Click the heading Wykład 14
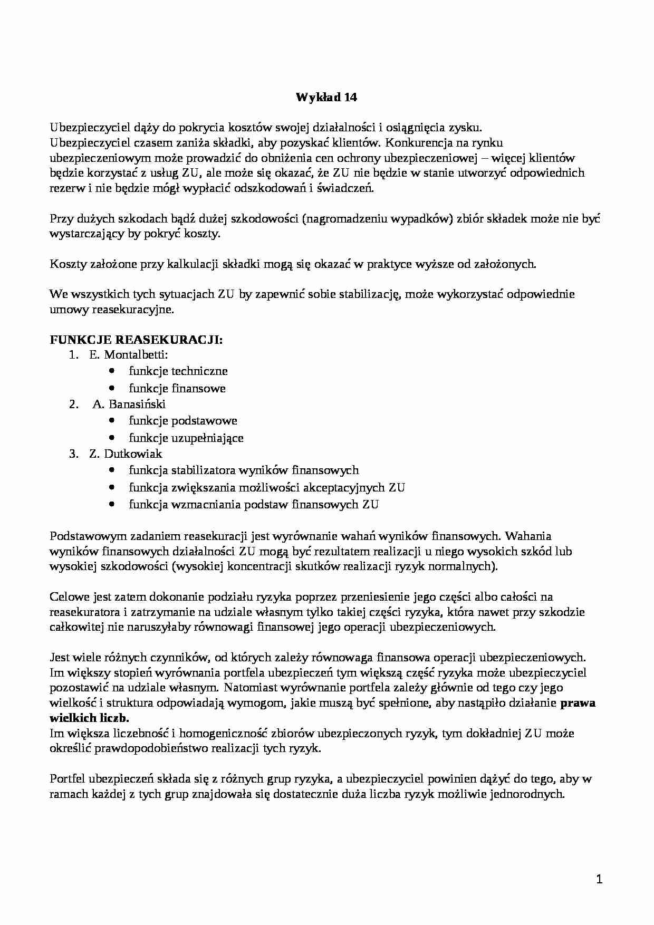click(326, 97)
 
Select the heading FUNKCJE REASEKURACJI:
click(136, 340)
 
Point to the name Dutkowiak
click(133, 454)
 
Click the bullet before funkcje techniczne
click(111, 371)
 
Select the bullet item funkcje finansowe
click(177, 389)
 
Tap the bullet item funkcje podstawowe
click(182, 421)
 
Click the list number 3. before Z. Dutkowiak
click(74, 454)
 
